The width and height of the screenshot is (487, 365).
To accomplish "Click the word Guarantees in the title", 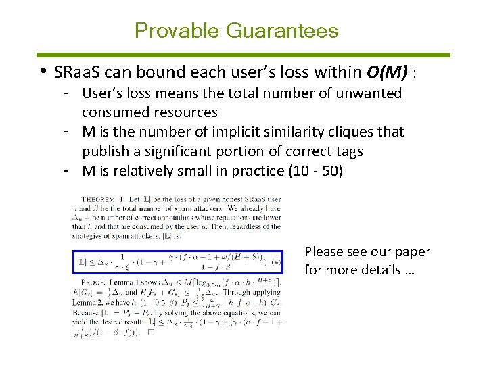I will [x=283, y=31].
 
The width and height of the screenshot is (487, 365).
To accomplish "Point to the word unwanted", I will [x=369, y=93].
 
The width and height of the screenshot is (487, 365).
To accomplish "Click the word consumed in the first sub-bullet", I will [x=114, y=112].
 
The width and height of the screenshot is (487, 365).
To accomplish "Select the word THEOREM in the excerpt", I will [x=99, y=200].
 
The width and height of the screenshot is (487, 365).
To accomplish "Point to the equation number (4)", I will [x=275, y=261].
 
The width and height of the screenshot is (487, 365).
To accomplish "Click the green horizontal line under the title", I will [x=243, y=55].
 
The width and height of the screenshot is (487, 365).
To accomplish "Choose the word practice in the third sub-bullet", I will [x=257, y=170].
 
